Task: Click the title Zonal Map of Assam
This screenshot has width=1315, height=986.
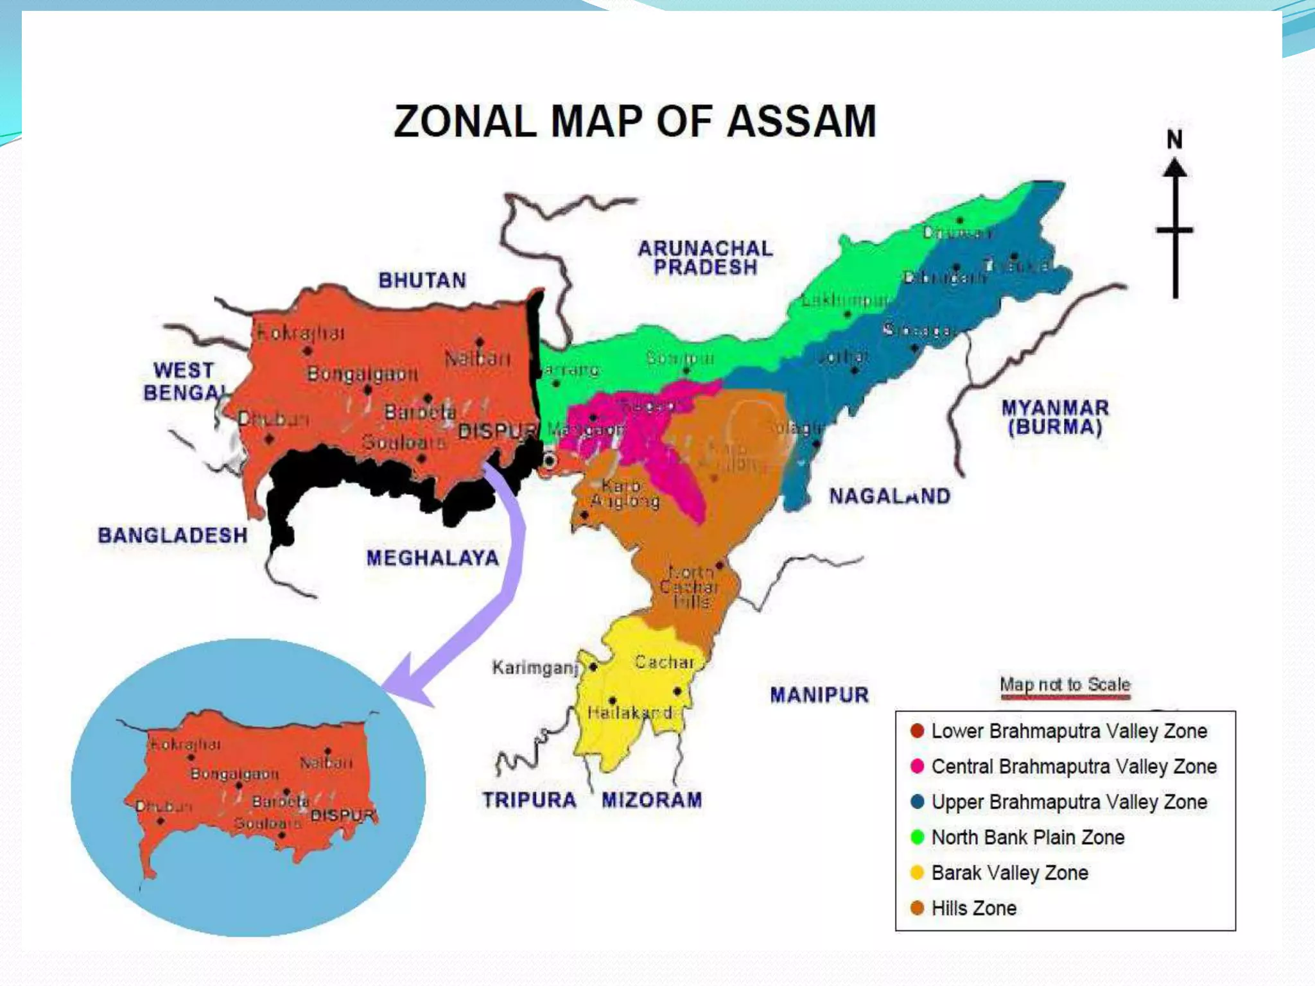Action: pos(634,121)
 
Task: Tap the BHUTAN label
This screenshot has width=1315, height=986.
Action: pos(422,281)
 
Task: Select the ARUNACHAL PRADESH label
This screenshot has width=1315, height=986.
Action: pos(705,257)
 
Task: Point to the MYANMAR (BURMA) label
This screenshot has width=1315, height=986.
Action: pos(1055,417)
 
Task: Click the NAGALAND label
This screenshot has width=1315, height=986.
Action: pos(889,496)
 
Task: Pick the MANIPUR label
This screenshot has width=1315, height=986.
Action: pos(819,695)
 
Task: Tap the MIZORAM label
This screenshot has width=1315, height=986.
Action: pos(652,800)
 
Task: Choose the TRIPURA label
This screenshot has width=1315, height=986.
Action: pos(529,800)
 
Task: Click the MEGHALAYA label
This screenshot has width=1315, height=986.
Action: pos(432,558)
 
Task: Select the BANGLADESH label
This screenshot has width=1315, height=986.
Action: pos(172,535)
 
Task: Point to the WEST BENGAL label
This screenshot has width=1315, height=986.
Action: pos(184,381)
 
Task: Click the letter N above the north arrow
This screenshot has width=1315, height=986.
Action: pos(1174,139)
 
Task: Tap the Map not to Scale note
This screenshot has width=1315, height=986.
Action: pos(1065,684)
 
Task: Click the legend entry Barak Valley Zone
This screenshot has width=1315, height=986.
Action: pos(1009,873)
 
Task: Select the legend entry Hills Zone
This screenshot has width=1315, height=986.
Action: pos(973,908)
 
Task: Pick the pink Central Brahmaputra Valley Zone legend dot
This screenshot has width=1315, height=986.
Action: pos(917,766)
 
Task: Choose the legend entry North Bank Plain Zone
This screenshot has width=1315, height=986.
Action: pos(1027,837)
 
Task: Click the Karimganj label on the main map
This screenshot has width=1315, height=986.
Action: pos(535,668)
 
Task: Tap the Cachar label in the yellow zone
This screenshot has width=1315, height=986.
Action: pos(664,662)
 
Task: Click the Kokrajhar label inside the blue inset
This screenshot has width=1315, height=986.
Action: pos(185,744)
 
